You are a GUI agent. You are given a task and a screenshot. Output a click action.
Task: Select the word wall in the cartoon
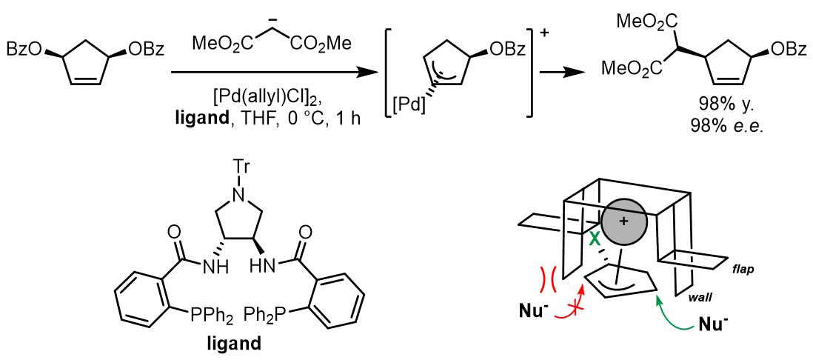point(709,296)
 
